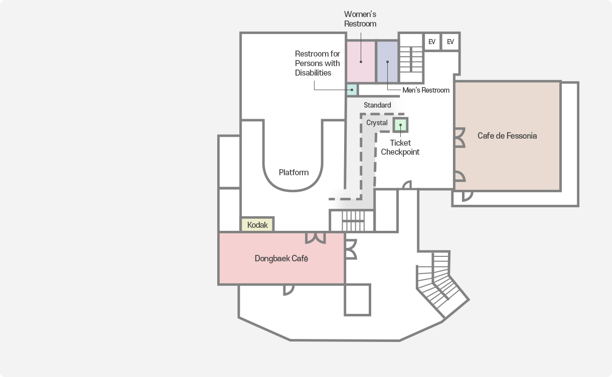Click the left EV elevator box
[x=432, y=42]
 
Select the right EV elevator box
[x=450, y=42]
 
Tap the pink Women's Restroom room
[x=361, y=62]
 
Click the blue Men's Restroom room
[x=387, y=62]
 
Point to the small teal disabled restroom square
[x=352, y=91]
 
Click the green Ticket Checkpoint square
[x=400, y=125]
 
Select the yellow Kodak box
[x=257, y=225]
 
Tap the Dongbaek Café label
[x=281, y=259]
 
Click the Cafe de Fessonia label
[x=507, y=136]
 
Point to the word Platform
[x=293, y=172]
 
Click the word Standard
[x=377, y=105]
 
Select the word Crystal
[x=377, y=123]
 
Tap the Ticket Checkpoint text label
[x=400, y=147]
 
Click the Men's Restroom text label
[x=426, y=90]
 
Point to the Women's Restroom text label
[x=360, y=19]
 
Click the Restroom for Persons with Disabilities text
[x=317, y=63]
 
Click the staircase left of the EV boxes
[x=411, y=59]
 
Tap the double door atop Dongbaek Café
[x=316, y=237]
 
